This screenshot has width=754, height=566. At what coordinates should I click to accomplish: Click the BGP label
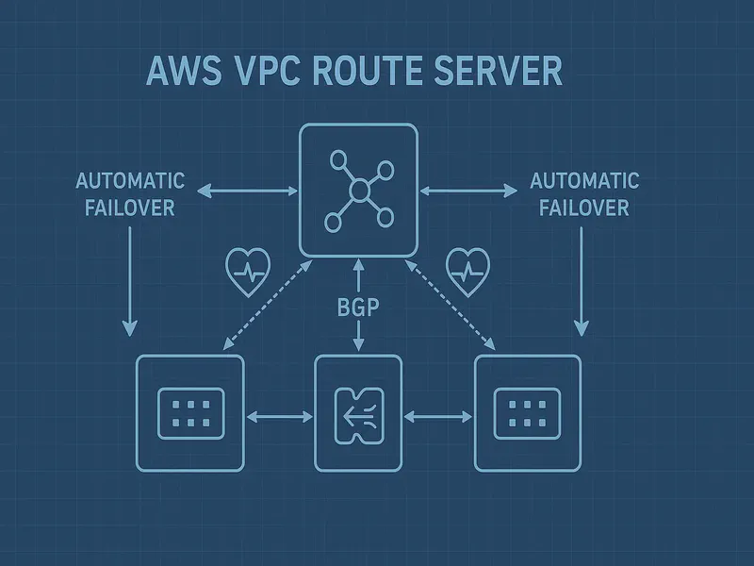pos(357,308)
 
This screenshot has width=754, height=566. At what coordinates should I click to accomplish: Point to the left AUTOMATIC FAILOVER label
pos(130,194)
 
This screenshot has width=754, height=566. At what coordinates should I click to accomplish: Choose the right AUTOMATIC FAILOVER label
pos(584,194)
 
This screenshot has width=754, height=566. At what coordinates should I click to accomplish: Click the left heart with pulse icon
pos(249,272)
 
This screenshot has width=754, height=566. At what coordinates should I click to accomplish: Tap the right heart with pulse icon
pos(468,272)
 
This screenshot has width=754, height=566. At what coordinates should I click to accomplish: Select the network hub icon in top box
pos(358,190)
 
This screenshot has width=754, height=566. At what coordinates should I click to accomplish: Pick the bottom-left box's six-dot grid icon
pos(189,413)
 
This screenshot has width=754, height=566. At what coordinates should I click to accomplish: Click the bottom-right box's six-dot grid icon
pos(528,413)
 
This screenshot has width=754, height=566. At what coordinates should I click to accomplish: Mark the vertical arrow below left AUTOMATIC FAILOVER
pos(129,281)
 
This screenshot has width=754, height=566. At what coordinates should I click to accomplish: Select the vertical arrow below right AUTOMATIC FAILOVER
pos(582,281)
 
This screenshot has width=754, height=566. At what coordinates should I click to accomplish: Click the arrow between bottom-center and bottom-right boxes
pos(438,414)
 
